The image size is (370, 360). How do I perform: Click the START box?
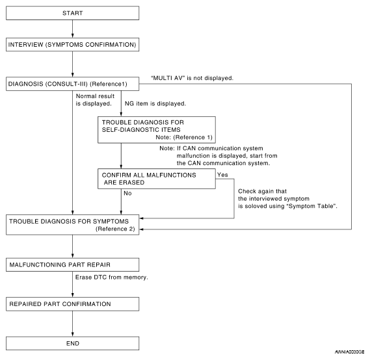(x=72, y=13)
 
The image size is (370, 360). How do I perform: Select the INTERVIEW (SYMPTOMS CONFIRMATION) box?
(x=72, y=45)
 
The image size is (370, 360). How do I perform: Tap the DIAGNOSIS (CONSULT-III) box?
(x=72, y=84)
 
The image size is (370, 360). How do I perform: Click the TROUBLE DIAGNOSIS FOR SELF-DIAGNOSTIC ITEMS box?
(x=157, y=130)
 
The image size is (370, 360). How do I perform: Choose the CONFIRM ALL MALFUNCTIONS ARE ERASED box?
(x=157, y=179)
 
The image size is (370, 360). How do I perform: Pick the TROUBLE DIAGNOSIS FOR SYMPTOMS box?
(x=72, y=225)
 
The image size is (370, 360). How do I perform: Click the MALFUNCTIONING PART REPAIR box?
(x=72, y=264)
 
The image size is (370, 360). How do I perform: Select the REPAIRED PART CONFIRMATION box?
(x=72, y=304)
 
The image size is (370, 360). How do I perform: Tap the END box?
(x=72, y=343)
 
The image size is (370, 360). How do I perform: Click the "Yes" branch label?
(x=222, y=175)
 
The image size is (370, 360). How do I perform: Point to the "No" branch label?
(x=127, y=193)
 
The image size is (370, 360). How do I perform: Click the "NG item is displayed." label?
(x=155, y=103)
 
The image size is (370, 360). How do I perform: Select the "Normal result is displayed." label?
(x=95, y=100)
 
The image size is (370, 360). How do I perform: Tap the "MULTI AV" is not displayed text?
(x=192, y=78)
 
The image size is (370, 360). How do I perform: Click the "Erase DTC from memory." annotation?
(x=111, y=277)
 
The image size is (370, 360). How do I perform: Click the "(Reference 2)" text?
(x=115, y=229)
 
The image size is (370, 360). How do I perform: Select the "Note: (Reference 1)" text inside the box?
(x=184, y=137)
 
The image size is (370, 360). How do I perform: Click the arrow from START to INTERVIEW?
(x=72, y=29)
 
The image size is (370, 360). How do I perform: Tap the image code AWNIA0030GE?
(x=349, y=352)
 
